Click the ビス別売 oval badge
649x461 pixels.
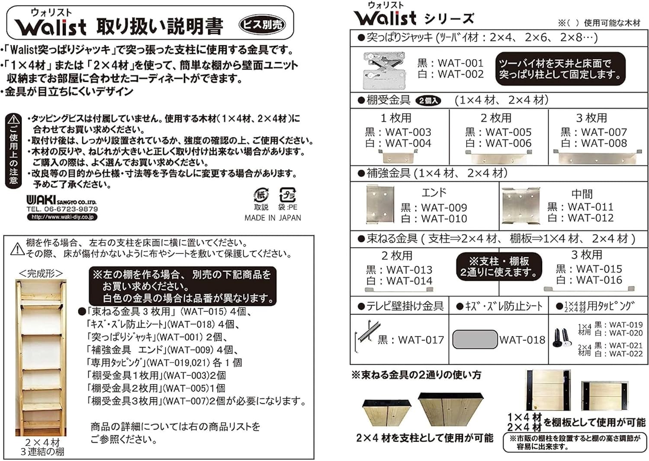coord(262,25)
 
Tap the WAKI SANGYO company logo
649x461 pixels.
coord(61,200)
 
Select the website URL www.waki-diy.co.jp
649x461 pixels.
coord(62,217)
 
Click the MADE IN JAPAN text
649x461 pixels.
coord(273,218)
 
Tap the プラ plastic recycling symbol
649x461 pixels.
coord(288,195)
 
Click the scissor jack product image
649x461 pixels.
coord(384,70)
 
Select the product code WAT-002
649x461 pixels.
coord(461,74)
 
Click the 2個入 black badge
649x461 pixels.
coord(428,100)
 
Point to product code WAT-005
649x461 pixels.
coord(508,132)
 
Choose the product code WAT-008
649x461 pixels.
coord(604,143)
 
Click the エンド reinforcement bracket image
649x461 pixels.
coord(380,205)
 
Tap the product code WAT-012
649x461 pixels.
coord(591,218)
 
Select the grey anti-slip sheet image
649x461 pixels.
coord(475,339)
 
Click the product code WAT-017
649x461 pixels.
coord(421,340)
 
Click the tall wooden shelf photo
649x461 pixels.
coord(41,358)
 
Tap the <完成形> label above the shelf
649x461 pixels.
coord(41,273)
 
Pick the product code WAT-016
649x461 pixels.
coord(599,280)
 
